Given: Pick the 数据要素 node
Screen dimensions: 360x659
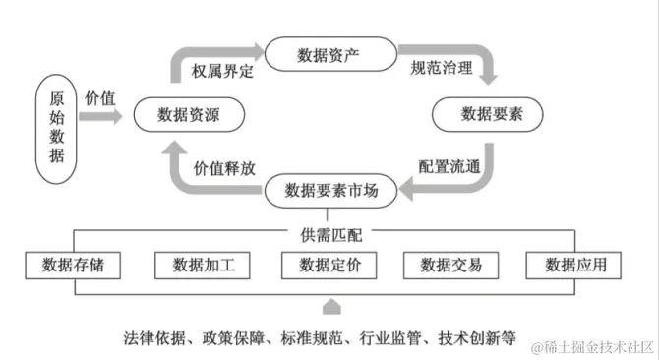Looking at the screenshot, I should [492, 115].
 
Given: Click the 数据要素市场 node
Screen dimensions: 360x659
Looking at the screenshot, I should [331, 189].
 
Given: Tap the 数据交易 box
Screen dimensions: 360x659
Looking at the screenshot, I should [452, 265].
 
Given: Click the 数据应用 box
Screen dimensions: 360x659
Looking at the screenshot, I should [576, 265].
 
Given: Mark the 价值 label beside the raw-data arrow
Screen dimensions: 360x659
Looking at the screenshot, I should [100, 97].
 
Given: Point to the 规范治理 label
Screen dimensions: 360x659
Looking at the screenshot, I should [441, 69].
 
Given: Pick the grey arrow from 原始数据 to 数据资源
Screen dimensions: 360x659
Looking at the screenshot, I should [102, 116].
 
